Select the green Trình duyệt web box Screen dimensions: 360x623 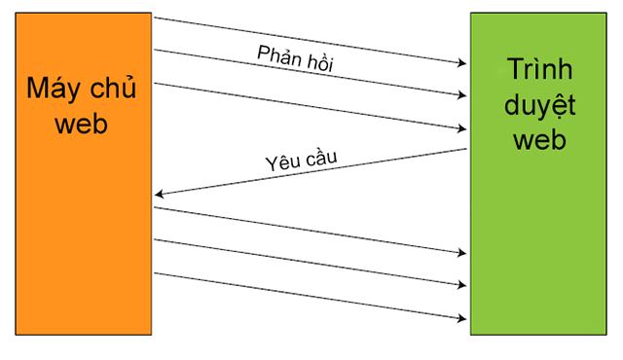coord(538,243)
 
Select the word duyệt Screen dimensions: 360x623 coord(538,105)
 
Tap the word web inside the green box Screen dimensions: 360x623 coord(538,139)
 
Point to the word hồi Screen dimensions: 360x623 coord(323,63)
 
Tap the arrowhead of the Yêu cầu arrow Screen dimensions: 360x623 coord(159,196)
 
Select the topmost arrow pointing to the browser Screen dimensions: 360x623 coord(311,41)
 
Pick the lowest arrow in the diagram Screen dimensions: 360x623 coord(311,295)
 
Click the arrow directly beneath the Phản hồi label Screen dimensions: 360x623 coord(311,73)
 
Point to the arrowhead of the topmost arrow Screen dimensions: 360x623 coord(462,64)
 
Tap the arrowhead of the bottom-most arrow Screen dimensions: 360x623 coord(462,317)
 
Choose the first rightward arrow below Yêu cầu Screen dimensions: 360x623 coord(311,230)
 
